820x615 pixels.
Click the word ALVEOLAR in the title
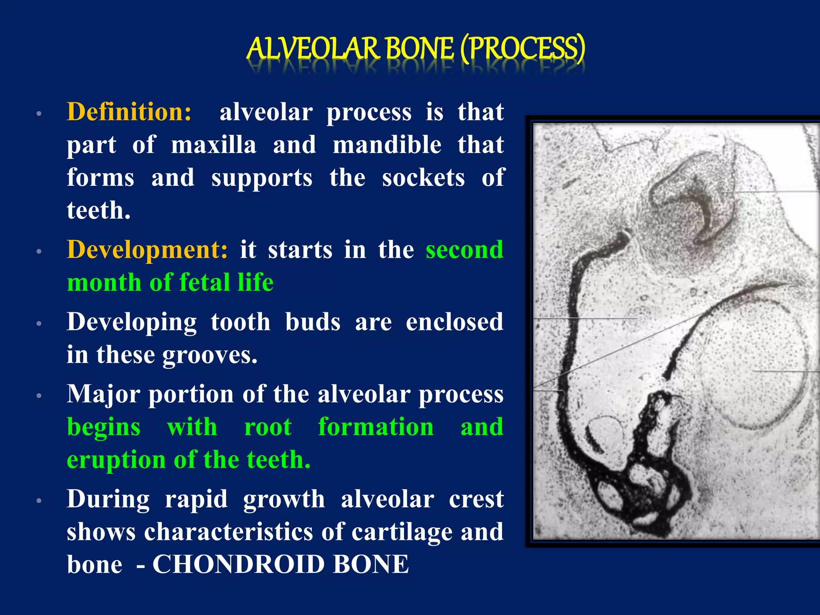[x=312, y=49]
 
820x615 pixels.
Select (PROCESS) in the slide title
[x=523, y=49]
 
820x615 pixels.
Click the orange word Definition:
[x=129, y=112]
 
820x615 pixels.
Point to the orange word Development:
[x=147, y=250]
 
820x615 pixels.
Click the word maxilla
[x=214, y=145]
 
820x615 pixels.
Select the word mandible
[x=387, y=145]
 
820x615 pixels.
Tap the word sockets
[x=423, y=178]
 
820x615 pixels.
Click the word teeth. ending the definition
[x=98, y=211]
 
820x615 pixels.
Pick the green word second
[x=464, y=250]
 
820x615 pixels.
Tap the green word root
[x=268, y=427]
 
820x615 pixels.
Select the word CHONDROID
[x=239, y=565]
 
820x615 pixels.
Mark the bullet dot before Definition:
[x=39, y=113]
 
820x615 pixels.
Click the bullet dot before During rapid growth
[x=39, y=501]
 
